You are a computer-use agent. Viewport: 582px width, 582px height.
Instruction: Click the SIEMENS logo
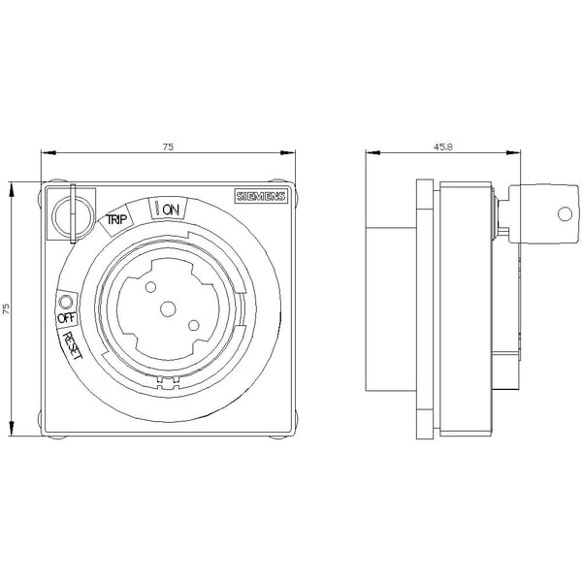[261, 196]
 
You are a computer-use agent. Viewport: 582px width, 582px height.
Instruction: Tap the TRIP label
[116, 219]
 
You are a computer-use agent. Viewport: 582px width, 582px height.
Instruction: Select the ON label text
[171, 210]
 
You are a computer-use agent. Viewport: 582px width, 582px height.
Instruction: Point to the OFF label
[67, 318]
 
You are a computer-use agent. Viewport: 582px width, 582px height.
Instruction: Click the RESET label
[72, 345]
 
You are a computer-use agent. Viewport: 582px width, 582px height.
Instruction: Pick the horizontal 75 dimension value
[168, 146]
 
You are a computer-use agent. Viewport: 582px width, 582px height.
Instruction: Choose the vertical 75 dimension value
[6, 308]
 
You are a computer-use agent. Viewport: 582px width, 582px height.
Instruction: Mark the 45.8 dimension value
[443, 146]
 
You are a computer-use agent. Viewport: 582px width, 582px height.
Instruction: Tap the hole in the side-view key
[565, 213]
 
